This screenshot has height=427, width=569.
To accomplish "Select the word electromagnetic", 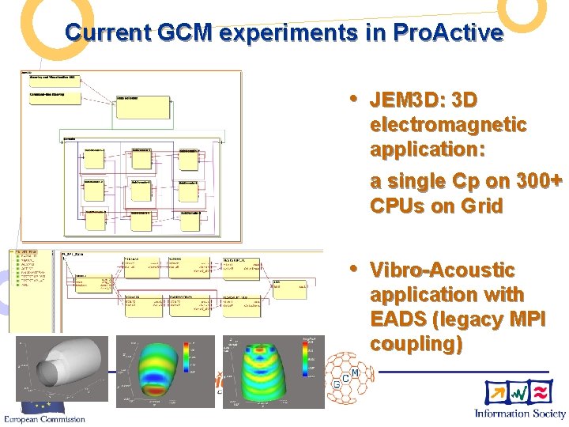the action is (448, 125).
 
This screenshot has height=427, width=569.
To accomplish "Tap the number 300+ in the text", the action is (533, 181).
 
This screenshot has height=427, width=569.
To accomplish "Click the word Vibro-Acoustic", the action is (442, 270).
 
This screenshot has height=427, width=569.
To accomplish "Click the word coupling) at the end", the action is (416, 345).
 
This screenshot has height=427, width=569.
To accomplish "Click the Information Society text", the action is (519, 413).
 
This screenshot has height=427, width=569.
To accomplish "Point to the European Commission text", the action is (43, 418).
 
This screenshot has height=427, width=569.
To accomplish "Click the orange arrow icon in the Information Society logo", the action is (497, 391).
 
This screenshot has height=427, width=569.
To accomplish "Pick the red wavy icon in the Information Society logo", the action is (542, 391).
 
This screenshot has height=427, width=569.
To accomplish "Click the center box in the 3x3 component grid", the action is (142, 190).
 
